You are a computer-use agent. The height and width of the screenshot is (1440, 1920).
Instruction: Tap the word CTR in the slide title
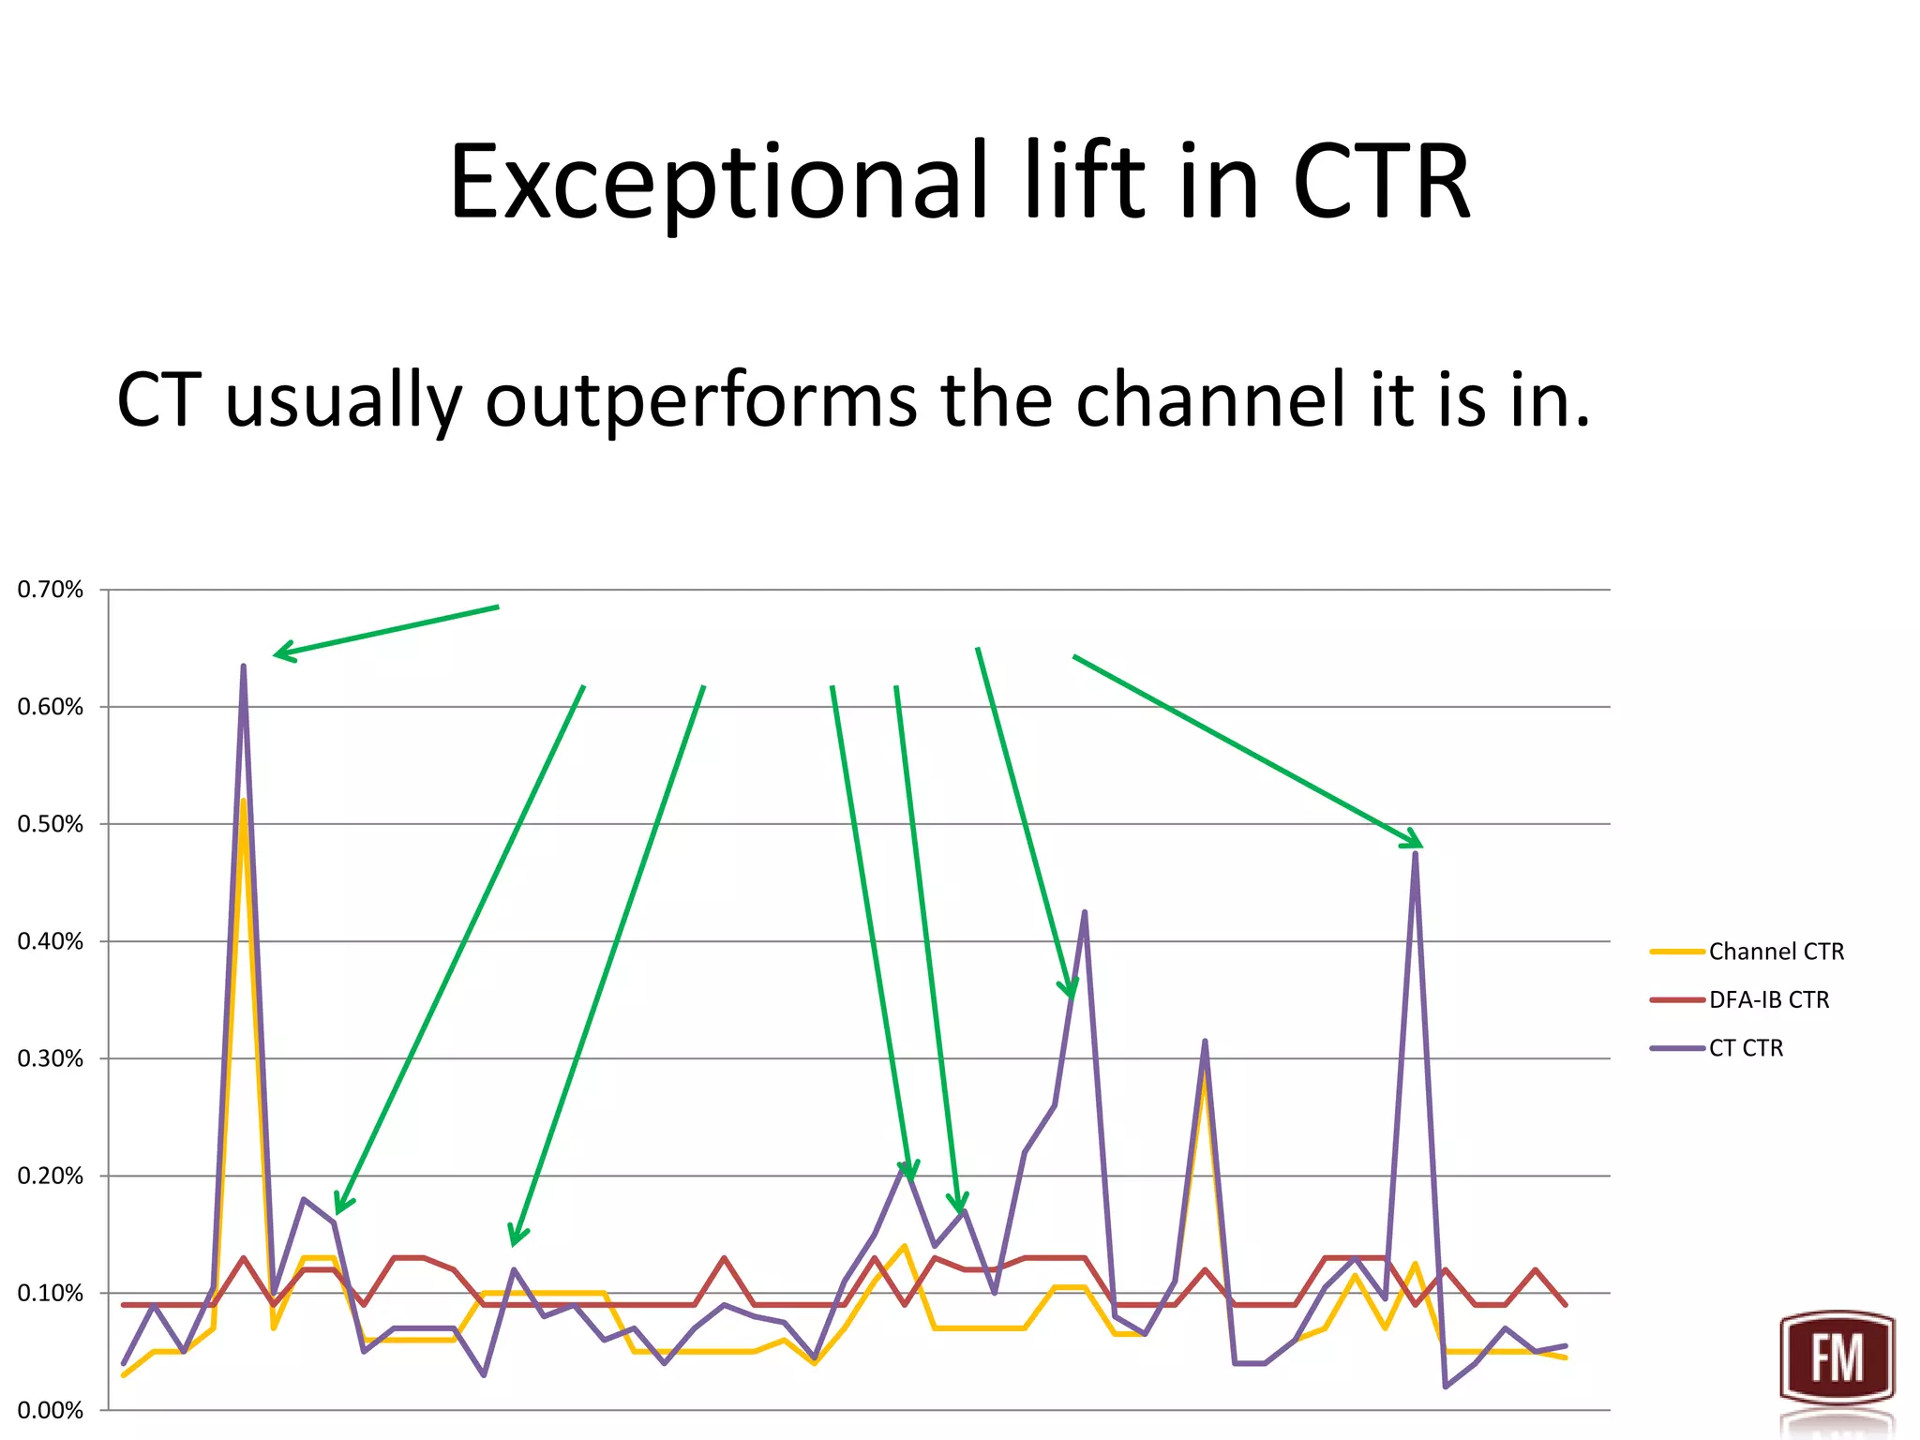pyautogui.click(x=1380, y=183)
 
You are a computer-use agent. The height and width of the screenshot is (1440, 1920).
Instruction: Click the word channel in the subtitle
pyautogui.click(x=1212, y=401)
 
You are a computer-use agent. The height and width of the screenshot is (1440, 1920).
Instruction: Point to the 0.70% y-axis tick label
pyautogui.click(x=51, y=590)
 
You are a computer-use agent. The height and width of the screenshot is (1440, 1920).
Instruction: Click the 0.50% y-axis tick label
pyautogui.click(x=51, y=824)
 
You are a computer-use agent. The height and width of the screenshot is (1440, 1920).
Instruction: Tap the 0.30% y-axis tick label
pyautogui.click(x=51, y=1058)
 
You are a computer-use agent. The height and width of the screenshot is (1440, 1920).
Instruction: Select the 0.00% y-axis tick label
pyautogui.click(x=51, y=1410)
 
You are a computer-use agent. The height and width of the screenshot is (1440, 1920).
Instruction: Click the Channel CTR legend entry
pyautogui.click(x=1775, y=952)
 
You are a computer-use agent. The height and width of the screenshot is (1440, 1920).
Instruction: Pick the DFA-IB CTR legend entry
pyautogui.click(x=1768, y=999)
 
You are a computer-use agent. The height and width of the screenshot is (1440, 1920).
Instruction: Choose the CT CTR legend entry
pyautogui.click(x=1746, y=1048)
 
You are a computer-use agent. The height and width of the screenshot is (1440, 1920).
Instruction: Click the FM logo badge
pyautogui.click(x=1837, y=1357)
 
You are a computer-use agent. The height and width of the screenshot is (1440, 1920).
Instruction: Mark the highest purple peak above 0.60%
pyautogui.click(x=244, y=667)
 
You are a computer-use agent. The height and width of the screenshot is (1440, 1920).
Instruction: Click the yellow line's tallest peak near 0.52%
pyautogui.click(x=244, y=802)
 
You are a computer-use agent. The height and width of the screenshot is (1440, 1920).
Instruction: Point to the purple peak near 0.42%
pyautogui.click(x=1085, y=912)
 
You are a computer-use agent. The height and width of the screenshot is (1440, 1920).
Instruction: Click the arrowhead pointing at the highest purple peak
pyautogui.click(x=279, y=653)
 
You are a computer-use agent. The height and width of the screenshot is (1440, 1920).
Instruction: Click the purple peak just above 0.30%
pyautogui.click(x=1205, y=1042)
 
